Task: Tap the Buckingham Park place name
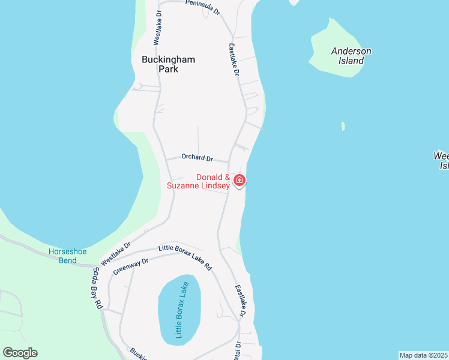tap(160, 64)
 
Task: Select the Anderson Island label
tap(351, 56)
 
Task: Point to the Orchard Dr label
tap(197, 158)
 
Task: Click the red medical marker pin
tap(240, 180)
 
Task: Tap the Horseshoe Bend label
tap(63, 256)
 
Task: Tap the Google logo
tap(20, 353)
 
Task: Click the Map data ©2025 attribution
tap(423, 355)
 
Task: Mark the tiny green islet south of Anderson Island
tap(343, 126)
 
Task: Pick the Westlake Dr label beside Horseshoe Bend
tap(116, 253)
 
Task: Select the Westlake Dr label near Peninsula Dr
tap(157, 28)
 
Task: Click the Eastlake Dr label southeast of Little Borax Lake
tap(241, 300)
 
